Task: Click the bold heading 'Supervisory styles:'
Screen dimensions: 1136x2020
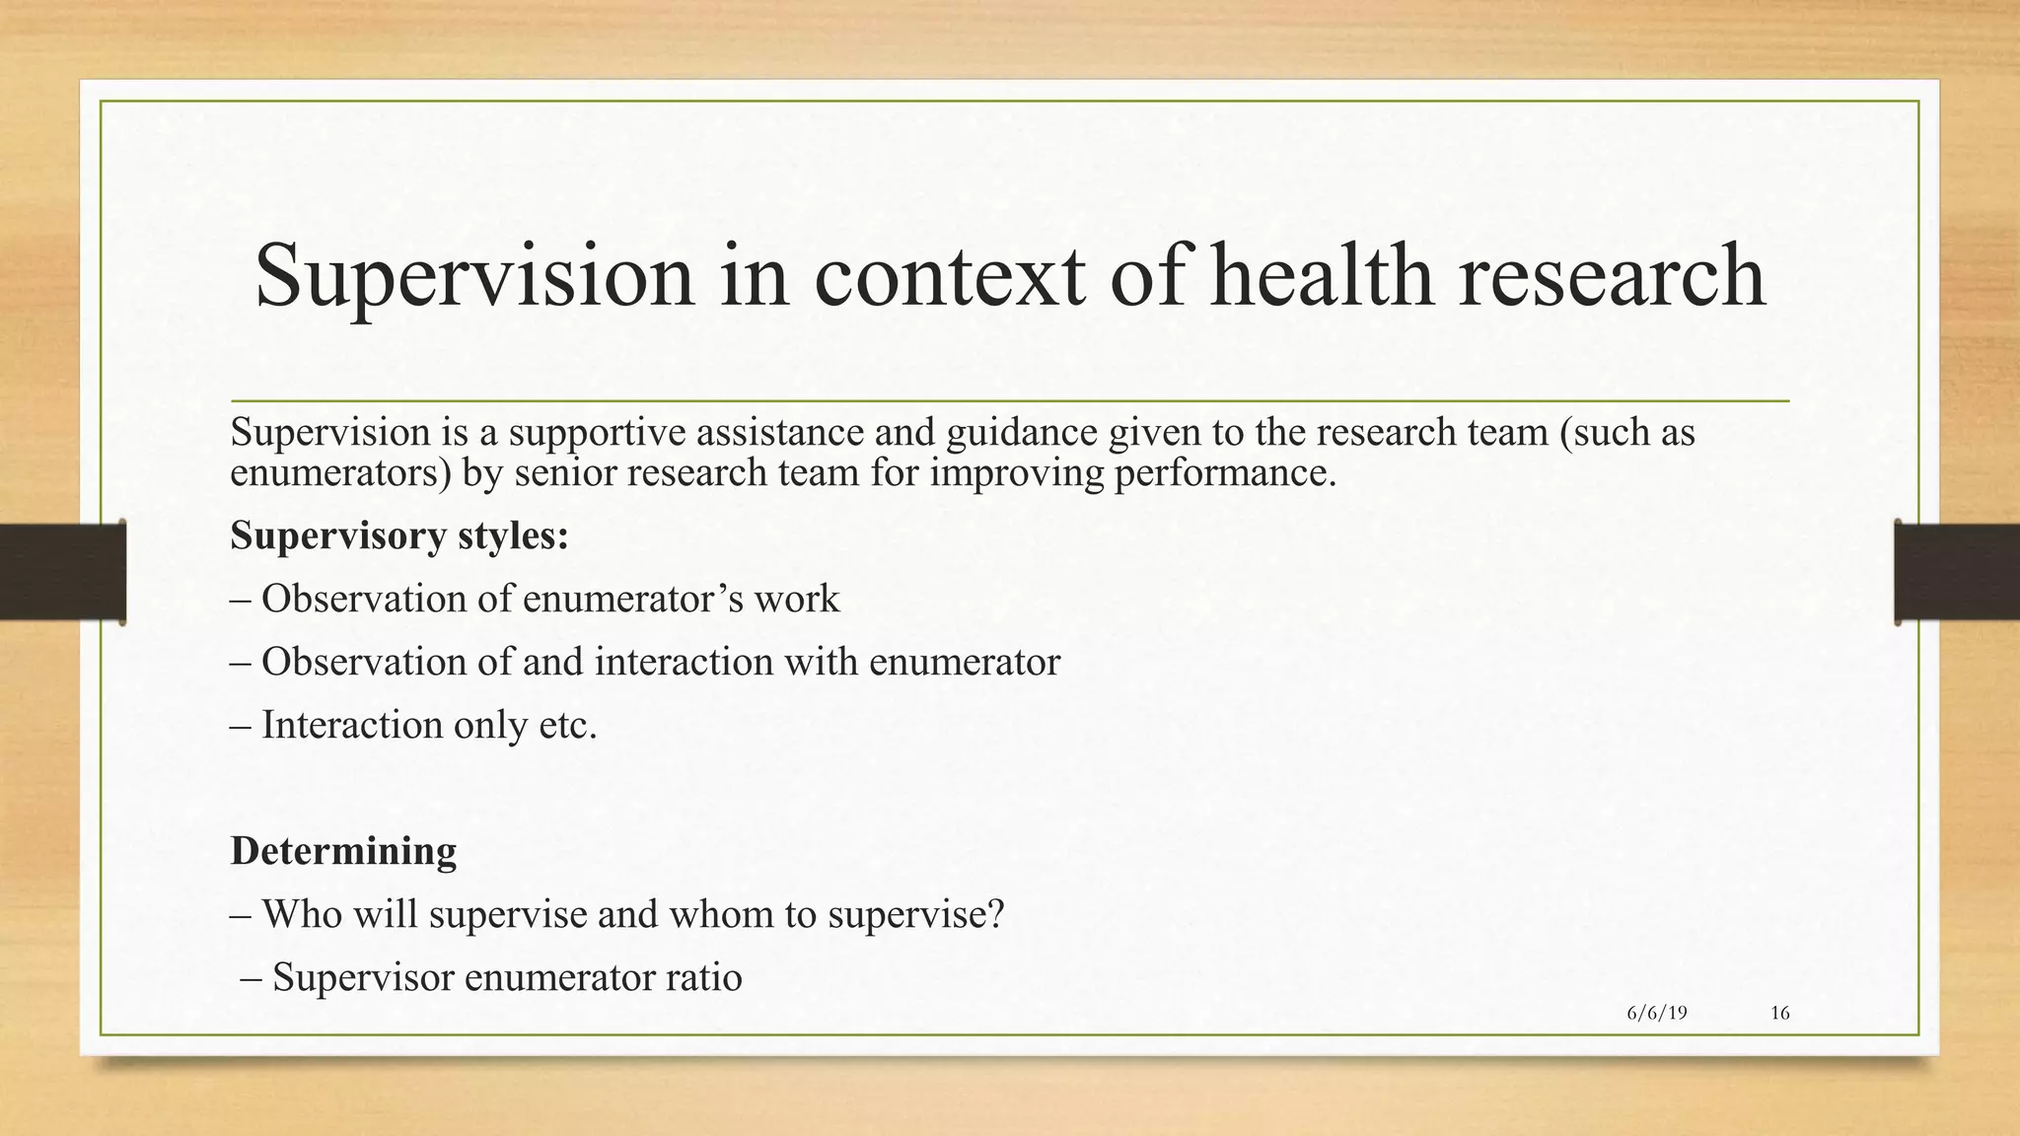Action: [399, 536]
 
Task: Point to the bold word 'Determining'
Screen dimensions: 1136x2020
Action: [343, 850]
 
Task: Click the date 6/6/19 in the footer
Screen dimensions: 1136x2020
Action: [1657, 1013]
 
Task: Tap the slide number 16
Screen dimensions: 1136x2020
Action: [1780, 1013]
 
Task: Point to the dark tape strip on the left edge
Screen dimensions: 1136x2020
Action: [62, 572]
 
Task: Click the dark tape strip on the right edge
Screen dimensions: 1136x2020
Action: [1957, 572]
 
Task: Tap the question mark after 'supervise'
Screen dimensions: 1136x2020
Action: [995, 914]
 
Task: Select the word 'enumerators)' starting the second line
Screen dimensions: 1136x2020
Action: [340, 474]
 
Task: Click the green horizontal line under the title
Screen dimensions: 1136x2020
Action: [1010, 401]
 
